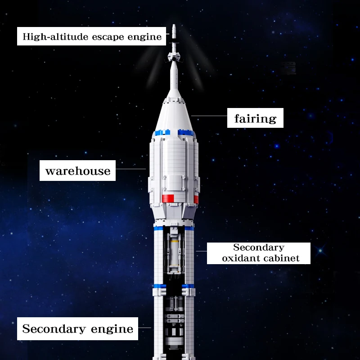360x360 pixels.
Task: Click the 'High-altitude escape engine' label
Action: tap(92, 36)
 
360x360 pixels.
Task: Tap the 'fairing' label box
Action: tap(255, 118)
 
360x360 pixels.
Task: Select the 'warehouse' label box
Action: tap(78, 171)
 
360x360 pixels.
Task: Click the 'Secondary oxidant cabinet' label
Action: tap(259, 253)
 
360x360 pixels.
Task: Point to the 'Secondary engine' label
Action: tap(78, 328)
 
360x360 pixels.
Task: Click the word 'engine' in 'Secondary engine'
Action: tap(113, 329)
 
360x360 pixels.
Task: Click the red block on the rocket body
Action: tap(167, 198)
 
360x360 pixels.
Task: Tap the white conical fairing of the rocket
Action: tap(174, 112)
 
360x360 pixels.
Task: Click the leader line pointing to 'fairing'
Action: tap(209, 116)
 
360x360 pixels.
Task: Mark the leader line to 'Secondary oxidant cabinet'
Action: tap(201, 250)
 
